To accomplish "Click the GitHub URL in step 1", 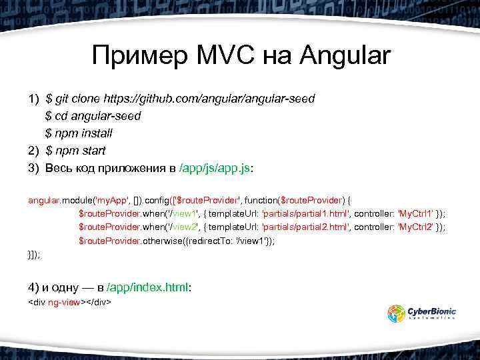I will pos(209,99).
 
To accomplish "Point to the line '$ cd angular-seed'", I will pos(93,116).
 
